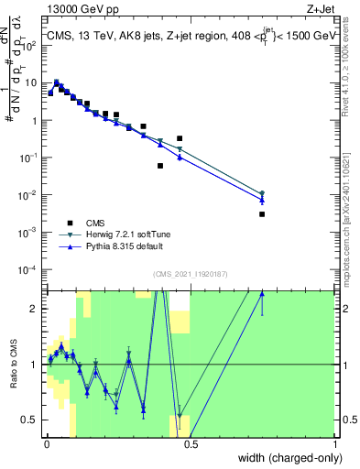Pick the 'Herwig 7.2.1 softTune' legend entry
[x=116, y=234]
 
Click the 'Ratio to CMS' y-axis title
[x=13, y=365]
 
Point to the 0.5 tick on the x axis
[x=191, y=446]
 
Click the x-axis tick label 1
[x=335, y=446]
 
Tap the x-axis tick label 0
[x=46, y=446]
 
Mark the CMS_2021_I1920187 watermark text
[x=191, y=274]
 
